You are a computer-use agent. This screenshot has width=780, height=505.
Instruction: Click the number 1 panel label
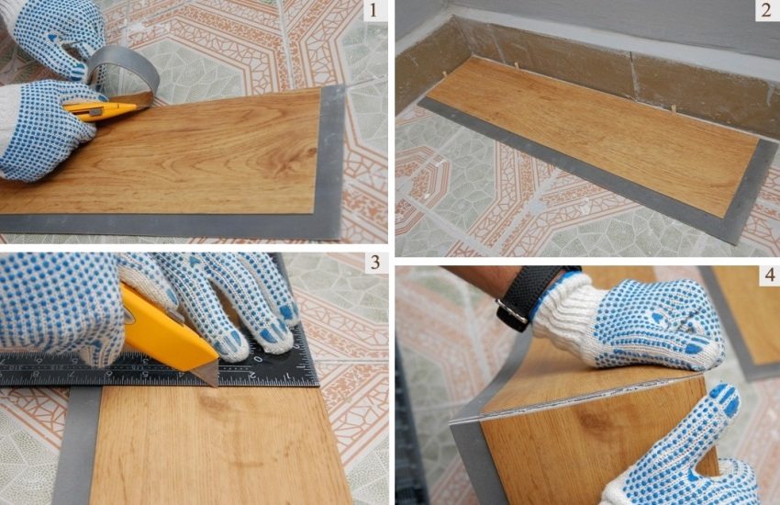coord(370,12)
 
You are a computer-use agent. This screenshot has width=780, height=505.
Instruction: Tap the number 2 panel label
coord(764,12)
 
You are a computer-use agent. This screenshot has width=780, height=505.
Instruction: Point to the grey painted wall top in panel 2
coord(587,23)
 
